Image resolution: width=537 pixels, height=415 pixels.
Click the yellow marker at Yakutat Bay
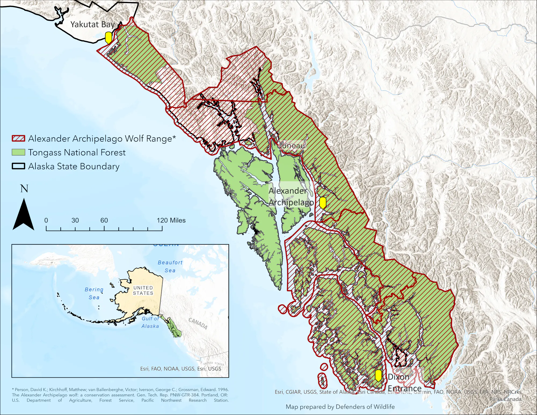[108, 37]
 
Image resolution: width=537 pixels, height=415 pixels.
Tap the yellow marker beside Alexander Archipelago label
[322, 203]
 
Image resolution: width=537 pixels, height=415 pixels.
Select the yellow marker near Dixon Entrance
[378, 375]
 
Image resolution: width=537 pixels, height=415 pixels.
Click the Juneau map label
[292, 146]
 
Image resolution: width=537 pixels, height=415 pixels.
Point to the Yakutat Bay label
[93, 24]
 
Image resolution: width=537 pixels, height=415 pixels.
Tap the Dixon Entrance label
[404, 382]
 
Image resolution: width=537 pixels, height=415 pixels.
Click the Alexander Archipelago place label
[291, 196]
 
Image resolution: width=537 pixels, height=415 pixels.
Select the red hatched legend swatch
[19, 139]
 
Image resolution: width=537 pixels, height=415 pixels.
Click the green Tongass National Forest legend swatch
[19, 152]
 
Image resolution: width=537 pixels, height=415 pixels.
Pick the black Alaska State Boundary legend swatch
[19, 166]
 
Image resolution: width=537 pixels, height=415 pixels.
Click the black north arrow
[24, 215]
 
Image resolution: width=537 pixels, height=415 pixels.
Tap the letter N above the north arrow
[24, 189]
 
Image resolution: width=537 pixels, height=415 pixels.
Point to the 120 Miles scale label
[171, 220]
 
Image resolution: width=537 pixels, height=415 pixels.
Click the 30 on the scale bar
[75, 220]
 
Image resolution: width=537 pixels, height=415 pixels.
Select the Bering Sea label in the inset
[94, 293]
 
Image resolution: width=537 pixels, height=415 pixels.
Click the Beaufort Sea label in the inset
[170, 266]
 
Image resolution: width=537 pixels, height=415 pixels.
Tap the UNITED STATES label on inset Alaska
[143, 290]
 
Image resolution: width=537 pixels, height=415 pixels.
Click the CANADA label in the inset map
[198, 323]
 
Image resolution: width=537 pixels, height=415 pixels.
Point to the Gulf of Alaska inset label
[150, 322]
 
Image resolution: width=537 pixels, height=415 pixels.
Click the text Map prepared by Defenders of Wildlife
[340, 407]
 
